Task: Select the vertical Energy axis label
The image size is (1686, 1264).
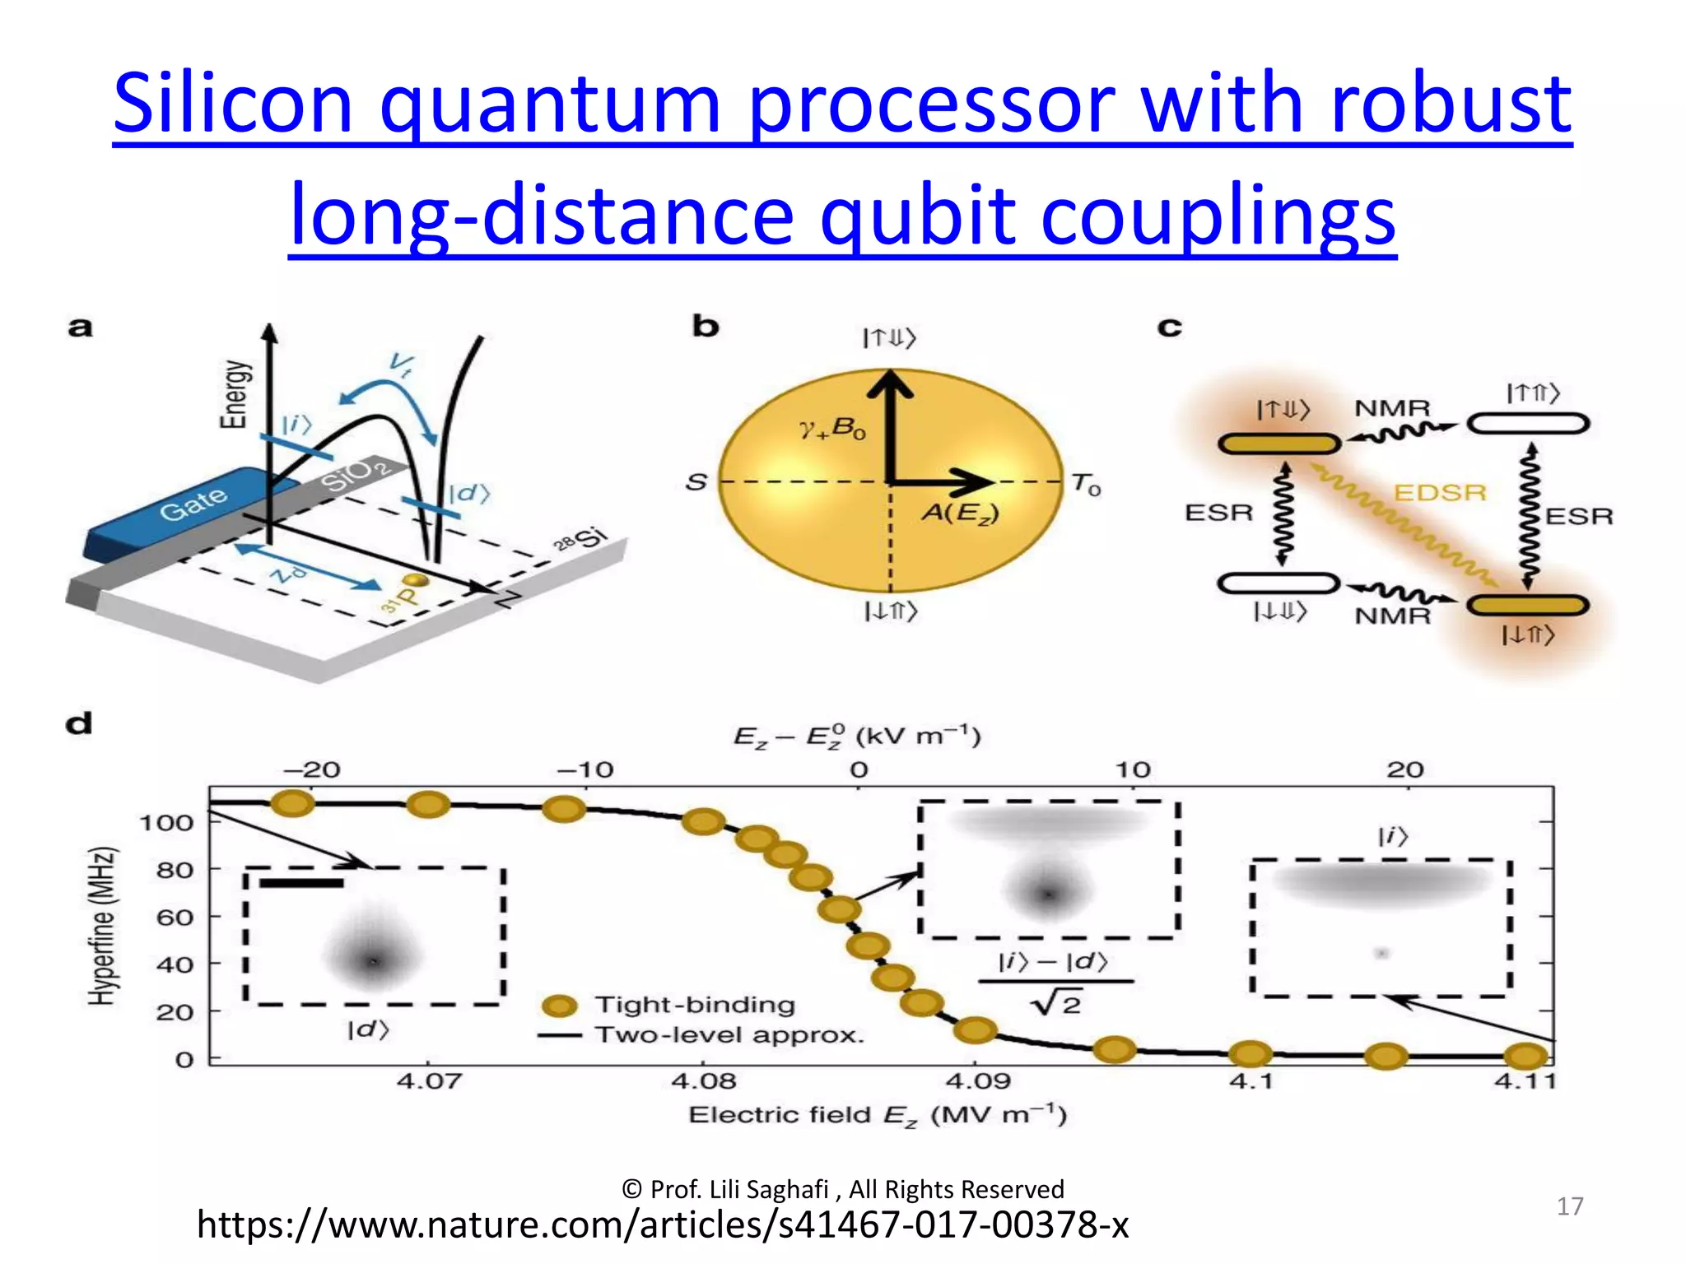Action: pos(234,394)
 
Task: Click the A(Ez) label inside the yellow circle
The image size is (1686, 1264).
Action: pos(960,513)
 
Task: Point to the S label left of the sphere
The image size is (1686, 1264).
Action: pos(696,481)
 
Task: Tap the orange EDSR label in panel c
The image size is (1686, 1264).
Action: pos(1440,492)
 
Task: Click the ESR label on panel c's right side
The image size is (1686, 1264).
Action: pos(1578,516)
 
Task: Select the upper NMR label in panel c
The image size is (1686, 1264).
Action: pos(1393,408)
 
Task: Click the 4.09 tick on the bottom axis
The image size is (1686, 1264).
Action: pos(976,1080)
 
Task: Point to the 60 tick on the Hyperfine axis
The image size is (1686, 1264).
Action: pos(175,917)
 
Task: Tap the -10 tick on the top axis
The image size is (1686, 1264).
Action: pos(585,770)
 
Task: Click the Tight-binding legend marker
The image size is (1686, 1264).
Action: pos(561,1006)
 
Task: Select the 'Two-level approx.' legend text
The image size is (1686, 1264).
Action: pos(729,1035)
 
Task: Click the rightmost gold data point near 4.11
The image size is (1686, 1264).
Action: pos(1525,1056)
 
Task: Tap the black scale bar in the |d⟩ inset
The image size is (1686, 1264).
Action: pos(300,883)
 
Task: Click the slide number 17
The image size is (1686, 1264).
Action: pos(1569,1206)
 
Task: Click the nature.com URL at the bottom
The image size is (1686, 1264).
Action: pos(663,1224)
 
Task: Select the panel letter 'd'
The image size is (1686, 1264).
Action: pos(79,724)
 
